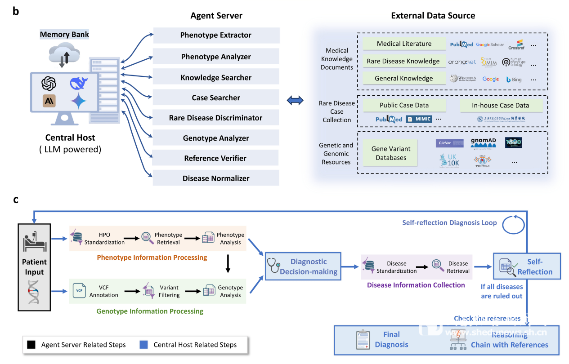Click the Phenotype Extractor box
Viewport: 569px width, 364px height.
coord(216,36)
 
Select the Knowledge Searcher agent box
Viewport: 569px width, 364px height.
coord(216,78)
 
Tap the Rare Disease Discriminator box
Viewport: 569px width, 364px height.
coord(216,118)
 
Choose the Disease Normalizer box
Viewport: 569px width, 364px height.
coord(216,178)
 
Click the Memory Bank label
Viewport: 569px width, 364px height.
coord(64,35)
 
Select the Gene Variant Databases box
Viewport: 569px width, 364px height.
coord(390,153)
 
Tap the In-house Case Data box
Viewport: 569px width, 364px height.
coord(500,106)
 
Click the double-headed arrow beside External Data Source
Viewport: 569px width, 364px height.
coord(296,101)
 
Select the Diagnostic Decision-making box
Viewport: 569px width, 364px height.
coord(302,266)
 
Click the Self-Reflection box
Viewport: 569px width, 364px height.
coord(527,267)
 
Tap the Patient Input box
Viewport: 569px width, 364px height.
coord(35,266)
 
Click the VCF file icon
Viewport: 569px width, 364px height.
coord(79,291)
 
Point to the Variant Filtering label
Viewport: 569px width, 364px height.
coord(169,291)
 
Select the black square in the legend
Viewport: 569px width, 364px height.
coord(31,345)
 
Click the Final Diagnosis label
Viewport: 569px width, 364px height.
coord(391,339)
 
